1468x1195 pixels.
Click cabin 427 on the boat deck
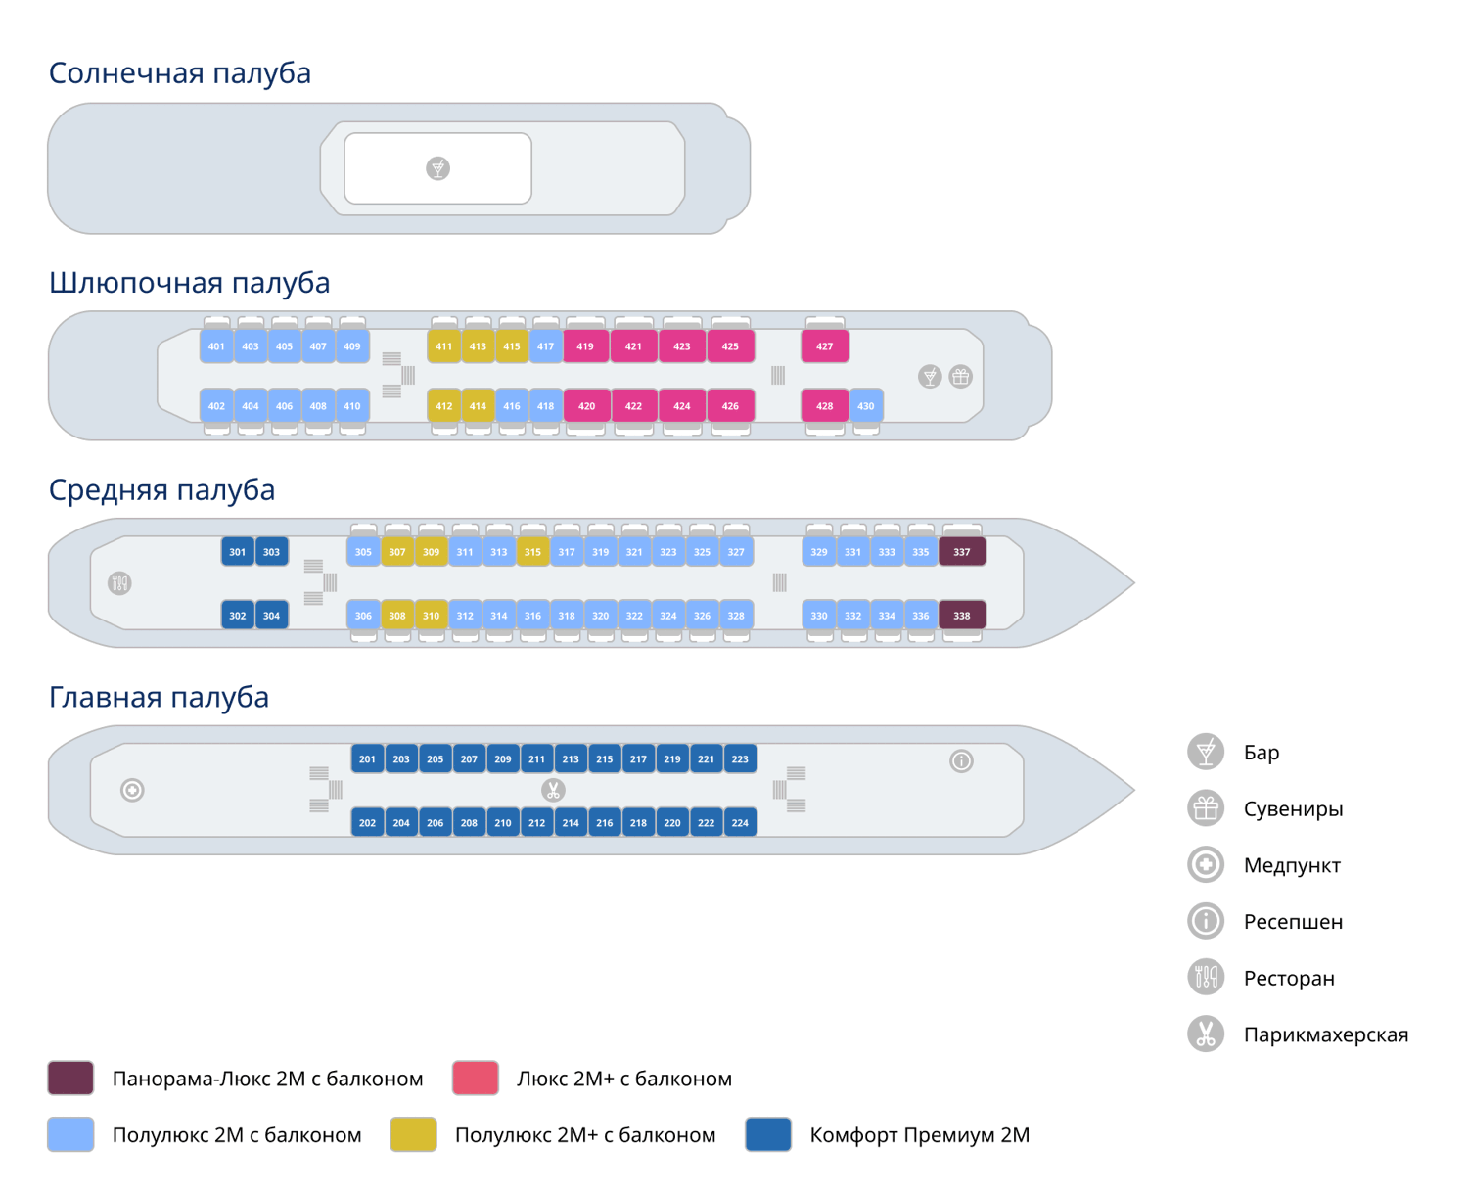(x=825, y=346)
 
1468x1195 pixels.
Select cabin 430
(x=866, y=406)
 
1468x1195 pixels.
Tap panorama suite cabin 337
(x=962, y=552)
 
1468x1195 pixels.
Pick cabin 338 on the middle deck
(x=962, y=616)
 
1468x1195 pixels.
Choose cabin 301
(x=238, y=552)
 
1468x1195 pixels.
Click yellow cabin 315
(x=532, y=552)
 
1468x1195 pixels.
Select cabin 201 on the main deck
(x=367, y=759)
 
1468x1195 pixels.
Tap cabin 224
(x=740, y=823)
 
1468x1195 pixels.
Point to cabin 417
(x=545, y=346)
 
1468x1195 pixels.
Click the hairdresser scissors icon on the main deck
(x=553, y=790)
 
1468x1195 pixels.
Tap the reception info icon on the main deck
(x=961, y=760)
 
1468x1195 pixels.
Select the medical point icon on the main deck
(x=132, y=790)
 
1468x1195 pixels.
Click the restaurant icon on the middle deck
(x=119, y=583)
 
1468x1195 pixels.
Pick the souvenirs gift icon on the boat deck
(x=961, y=377)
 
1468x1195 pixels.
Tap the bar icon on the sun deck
(x=437, y=168)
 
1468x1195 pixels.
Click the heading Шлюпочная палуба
(x=189, y=283)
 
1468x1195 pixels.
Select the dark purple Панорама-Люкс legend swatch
(x=70, y=1078)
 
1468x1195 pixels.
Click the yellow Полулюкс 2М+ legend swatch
(x=413, y=1134)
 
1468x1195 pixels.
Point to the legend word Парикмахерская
(x=1325, y=1034)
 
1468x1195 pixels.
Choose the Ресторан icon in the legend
(x=1206, y=977)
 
